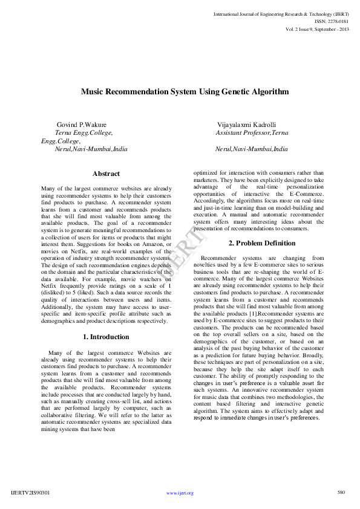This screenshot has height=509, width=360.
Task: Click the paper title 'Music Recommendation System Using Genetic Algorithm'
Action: click(x=185, y=92)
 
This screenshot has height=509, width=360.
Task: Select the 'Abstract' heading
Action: click(x=106, y=174)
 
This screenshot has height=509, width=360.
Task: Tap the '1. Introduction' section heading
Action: click(x=106, y=337)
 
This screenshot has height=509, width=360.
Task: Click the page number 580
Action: click(x=341, y=492)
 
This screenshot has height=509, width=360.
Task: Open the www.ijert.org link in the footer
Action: click(x=180, y=493)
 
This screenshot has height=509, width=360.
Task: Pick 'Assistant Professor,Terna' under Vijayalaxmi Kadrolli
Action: click(x=252, y=132)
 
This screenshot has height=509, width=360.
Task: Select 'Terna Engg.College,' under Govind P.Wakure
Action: click(x=83, y=132)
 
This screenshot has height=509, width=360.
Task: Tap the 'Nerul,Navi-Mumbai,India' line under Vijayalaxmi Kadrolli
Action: click(x=252, y=148)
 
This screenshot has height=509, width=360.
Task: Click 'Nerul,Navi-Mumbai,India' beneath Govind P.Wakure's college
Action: click(x=91, y=148)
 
